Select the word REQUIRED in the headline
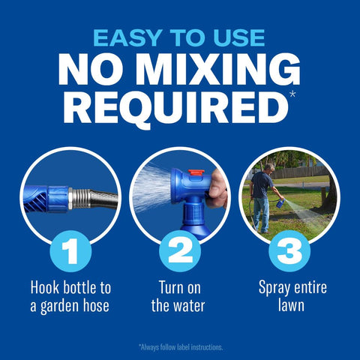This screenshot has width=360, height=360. [175, 107]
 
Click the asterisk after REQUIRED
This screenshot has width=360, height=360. [292, 94]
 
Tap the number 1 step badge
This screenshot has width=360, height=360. [70, 250]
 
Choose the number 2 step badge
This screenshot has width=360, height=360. [180, 250]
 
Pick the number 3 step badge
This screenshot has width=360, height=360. [289, 250]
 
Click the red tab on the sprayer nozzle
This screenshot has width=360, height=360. [196, 172]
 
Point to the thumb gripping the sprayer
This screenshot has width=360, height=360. [216, 192]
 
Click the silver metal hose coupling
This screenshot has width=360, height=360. [79, 199]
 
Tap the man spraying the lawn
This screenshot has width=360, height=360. [262, 198]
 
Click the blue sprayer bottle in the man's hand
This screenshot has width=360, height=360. [280, 203]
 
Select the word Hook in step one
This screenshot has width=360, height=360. [46, 288]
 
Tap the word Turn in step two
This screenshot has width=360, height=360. [172, 288]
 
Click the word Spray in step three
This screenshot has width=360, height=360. [274, 288]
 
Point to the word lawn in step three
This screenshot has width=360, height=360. [291, 305]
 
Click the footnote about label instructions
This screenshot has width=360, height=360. [181, 347]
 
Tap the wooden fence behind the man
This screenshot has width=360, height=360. [298, 172]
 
